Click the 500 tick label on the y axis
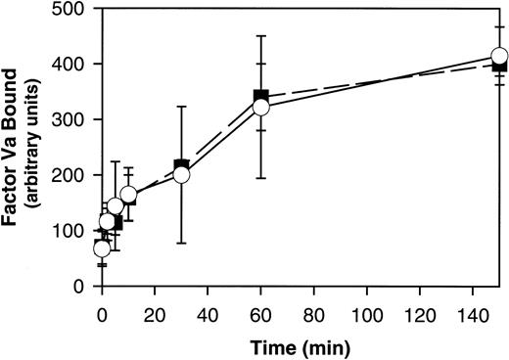[69, 9]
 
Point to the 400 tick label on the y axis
[69, 65]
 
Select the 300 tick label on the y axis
[69, 120]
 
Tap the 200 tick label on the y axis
[69, 176]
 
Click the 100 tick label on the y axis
[69, 232]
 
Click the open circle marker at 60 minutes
[260, 108]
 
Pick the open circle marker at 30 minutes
[181, 175]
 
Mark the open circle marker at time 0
[102, 248]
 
